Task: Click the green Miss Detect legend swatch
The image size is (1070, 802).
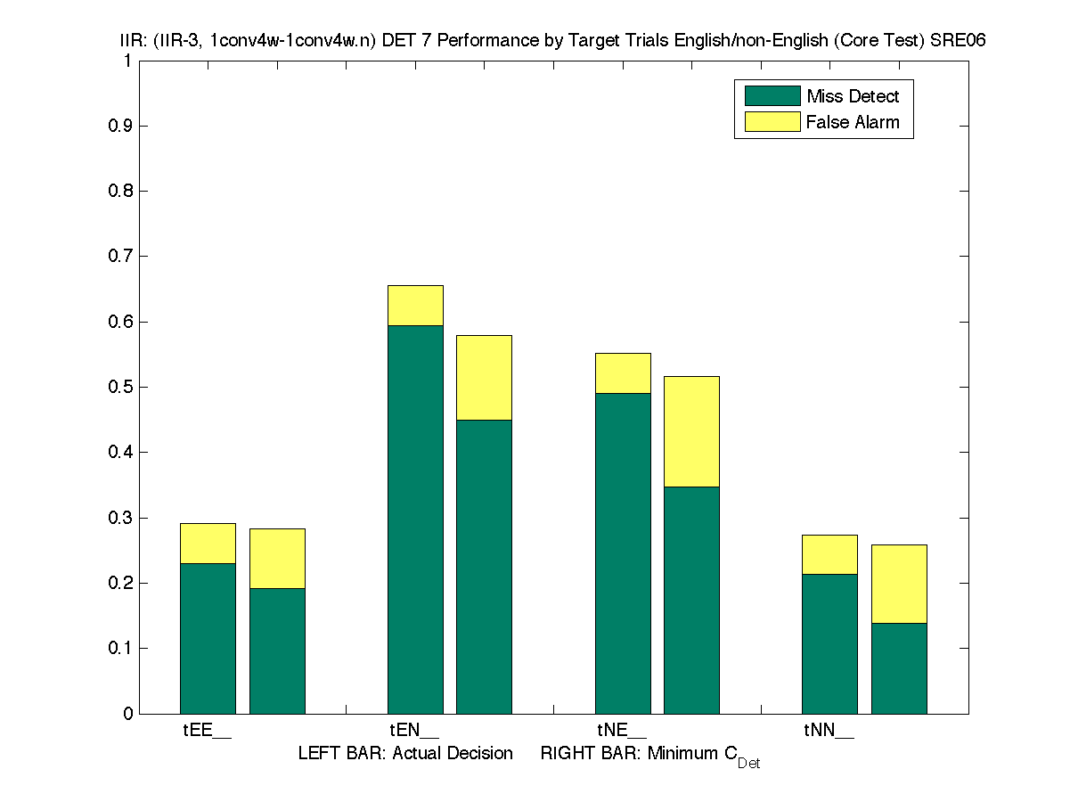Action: click(772, 96)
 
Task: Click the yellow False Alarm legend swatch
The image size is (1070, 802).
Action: click(772, 121)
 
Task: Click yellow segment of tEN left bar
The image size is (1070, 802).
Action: click(415, 306)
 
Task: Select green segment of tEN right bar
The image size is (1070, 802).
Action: click(484, 566)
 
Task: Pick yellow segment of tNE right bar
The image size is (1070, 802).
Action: click(691, 431)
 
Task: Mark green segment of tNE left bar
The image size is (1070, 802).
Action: click(623, 552)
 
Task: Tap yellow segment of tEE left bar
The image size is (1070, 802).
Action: click(208, 544)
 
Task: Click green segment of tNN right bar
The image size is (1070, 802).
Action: click(899, 667)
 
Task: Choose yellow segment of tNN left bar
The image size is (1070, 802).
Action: click(829, 554)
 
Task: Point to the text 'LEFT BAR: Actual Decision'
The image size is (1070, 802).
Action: click(405, 754)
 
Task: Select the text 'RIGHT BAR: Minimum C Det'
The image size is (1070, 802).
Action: click(649, 755)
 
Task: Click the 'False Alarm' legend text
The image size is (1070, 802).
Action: click(853, 122)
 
